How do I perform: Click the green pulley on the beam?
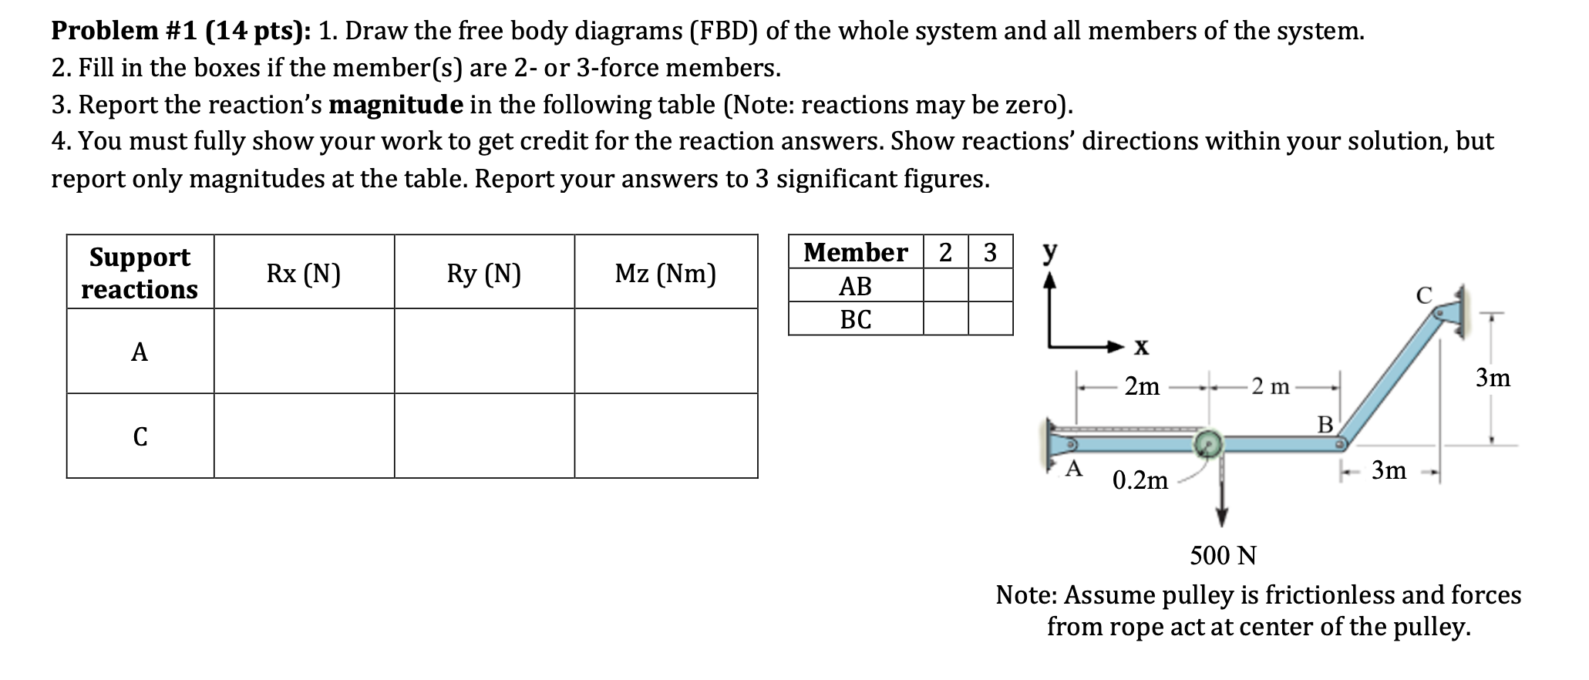point(1208,443)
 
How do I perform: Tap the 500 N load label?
point(1223,555)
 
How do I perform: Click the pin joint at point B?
point(1341,444)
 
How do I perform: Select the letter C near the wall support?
point(1423,295)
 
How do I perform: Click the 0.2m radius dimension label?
point(1140,480)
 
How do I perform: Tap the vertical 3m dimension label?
point(1493,378)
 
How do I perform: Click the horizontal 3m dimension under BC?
point(1389,470)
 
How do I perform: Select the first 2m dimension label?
point(1142,385)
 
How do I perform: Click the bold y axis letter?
point(1050,252)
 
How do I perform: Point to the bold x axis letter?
point(1141,347)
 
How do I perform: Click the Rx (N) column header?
point(304,273)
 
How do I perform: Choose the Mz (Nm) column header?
point(665,273)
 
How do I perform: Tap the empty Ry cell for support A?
point(484,352)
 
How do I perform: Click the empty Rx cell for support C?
point(304,436)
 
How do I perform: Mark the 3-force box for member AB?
point(990,285)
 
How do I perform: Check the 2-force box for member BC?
point(945,318)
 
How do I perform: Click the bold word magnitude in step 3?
point(396,104)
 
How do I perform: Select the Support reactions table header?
point(140,273)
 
